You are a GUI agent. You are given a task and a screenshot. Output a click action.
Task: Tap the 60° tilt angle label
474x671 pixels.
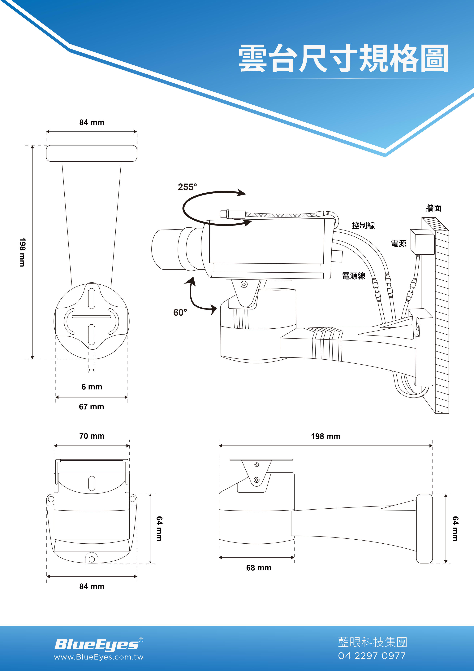[x=180, y=312]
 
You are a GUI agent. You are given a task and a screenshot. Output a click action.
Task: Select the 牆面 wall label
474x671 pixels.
[x=434, y=208]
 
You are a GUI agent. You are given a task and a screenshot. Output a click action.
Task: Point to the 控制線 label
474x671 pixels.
[x=363, y=225]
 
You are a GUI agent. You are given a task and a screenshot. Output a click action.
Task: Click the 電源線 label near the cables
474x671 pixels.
[x=354, y=276]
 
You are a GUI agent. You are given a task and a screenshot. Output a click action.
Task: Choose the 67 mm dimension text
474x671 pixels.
[x=91, y=406]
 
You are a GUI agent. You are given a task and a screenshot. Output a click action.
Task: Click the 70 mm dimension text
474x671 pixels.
[x=92, y=436]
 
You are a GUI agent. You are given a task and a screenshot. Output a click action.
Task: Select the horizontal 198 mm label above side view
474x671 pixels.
[x=326, y=436]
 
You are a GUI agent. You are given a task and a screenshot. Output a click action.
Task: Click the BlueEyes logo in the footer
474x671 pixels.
[x=99, y=644]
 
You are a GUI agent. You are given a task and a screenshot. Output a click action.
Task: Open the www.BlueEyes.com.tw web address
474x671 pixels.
[x=99, y=657]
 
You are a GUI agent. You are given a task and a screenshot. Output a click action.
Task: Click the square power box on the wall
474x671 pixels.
[x=422, y=242]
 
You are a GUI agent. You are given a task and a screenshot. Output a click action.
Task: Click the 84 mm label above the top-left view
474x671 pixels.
[x=92, y=122]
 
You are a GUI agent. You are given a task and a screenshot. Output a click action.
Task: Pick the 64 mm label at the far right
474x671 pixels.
[x=455, y=528]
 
